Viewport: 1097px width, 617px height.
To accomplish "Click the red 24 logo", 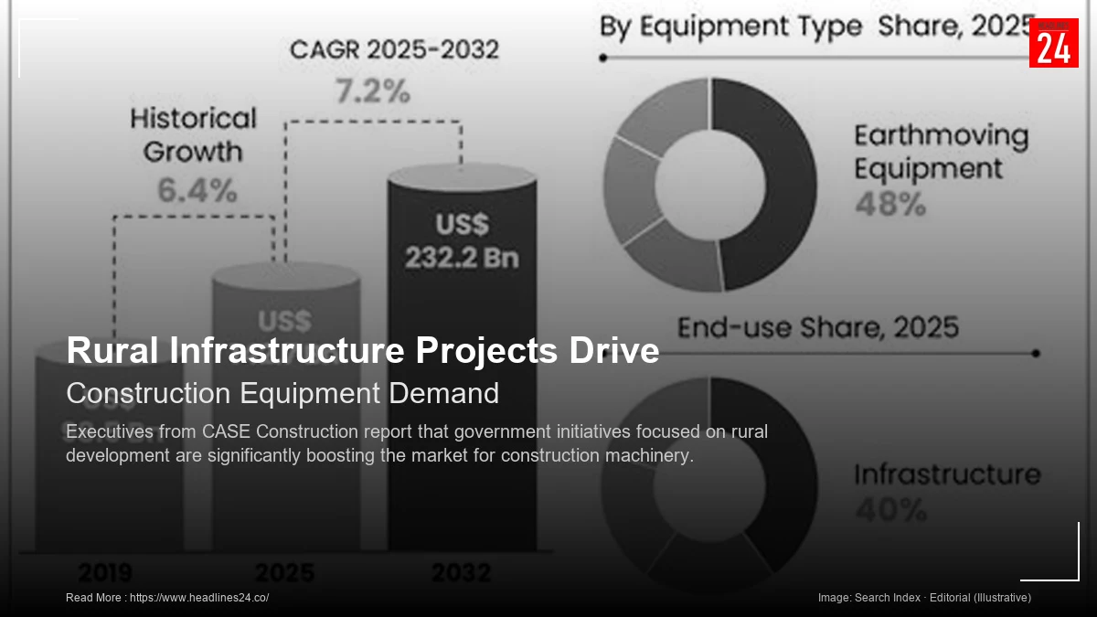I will [x=1053, y=43].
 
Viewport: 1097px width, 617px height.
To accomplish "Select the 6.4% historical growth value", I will [x=197, y=190].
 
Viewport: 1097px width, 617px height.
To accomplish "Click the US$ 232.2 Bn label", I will [x=462, y=241].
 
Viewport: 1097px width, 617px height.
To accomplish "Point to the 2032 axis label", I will [x=461, y=573].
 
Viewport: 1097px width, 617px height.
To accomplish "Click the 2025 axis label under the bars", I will [x=284, y=573].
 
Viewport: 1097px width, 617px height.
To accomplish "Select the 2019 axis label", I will [x=105, y=573].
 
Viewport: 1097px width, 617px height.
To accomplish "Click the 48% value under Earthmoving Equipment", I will [x=890, y=205].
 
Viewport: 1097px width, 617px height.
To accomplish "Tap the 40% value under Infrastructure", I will [x=890, y=510].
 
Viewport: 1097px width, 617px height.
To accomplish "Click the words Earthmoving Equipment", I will [x=941, y=152].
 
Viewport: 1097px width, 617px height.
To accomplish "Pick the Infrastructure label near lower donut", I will [x=947, y=474].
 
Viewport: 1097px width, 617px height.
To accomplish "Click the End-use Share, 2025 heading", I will [x=818, y=327].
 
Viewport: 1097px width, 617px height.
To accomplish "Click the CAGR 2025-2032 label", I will [x=394, y=49].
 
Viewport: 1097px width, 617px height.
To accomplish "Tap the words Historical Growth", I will [x=193, y=134].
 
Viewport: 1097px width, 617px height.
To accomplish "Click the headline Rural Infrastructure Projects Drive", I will [x=362, y=351].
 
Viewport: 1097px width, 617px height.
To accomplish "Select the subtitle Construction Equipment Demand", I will [x=282, y=393].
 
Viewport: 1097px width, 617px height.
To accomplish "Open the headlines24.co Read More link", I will [x=198, y=598].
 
